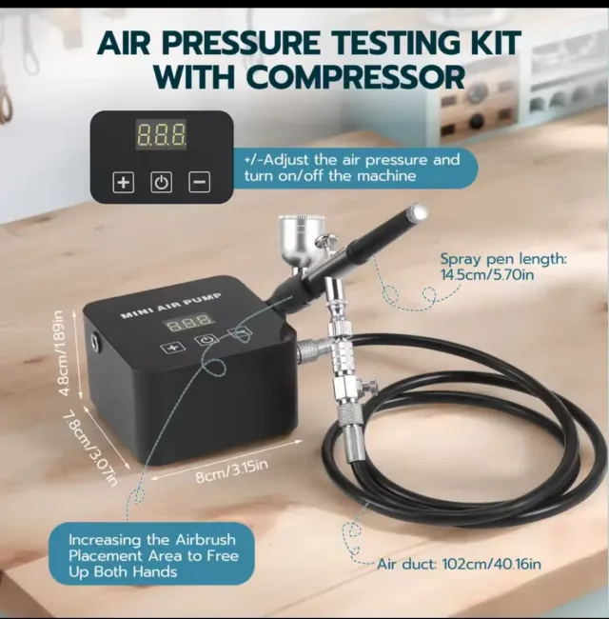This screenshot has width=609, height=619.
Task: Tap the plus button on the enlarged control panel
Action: point(124,182)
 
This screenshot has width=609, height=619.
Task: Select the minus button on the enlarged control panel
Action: point(199,182)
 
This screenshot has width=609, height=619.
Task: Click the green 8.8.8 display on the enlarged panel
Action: point(161,134)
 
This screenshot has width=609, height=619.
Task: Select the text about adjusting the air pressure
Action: point(353,168)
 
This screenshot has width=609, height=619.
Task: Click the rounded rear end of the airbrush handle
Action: point(418,211)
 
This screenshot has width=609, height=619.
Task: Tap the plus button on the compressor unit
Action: point(172,348)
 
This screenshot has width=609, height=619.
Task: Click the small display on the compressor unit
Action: point(187,324)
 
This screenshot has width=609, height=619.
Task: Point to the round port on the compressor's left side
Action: point(93,339)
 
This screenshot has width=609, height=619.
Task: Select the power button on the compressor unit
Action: point(205,340)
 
